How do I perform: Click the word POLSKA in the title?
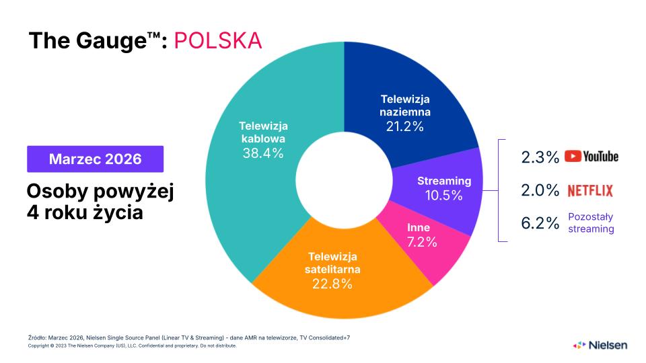(217, 40)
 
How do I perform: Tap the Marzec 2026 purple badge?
(95, 159)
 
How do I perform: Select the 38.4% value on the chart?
(263, 153)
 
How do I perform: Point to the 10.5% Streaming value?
(443, 196)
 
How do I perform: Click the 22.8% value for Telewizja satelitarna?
(332, 283)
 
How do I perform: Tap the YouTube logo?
(591, 157)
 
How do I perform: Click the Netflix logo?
(590, 191)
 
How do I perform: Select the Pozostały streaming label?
(591, 223)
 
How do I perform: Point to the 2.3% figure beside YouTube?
(540, 157)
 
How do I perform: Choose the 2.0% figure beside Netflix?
(540, 191)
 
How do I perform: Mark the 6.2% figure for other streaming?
(540, 224)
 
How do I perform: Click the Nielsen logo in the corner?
(600, 345)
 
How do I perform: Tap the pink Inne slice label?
(419, 228)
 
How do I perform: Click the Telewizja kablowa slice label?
(263, 132)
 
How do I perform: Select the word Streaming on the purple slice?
(444, 181)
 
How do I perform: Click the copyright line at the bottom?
(132, 346)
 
